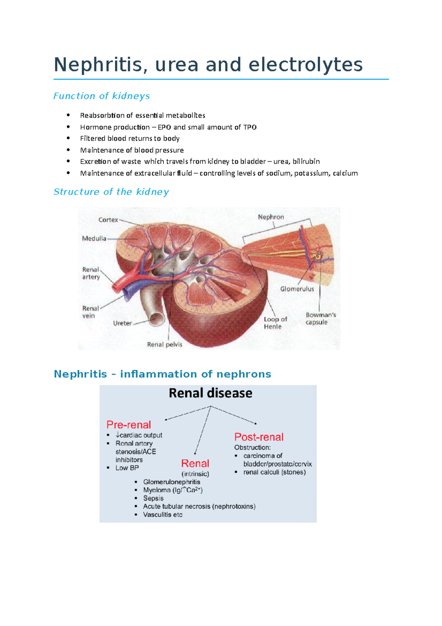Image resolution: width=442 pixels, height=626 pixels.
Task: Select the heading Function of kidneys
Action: click(x=101, y=96)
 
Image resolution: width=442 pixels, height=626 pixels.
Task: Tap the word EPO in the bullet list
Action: click(x=164, y=127)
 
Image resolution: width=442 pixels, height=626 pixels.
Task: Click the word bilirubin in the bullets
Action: click(x=306, y=161)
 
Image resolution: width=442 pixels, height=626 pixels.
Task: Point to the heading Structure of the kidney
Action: click(x=111, y=192)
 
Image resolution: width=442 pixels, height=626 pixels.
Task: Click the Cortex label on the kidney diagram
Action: click(x=108, y=220)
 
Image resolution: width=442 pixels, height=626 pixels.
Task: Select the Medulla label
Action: click(x=94, y=239)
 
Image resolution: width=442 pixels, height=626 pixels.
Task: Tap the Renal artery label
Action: click(x=91, y=273)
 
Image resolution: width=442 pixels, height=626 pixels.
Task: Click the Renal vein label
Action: click(x=90, y=312)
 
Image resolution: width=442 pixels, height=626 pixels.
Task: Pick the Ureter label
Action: click(x=122, y=323)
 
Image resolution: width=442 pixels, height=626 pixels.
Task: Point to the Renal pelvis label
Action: click(x=165, y=344)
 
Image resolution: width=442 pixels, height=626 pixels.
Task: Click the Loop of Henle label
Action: click(x=275, y=323)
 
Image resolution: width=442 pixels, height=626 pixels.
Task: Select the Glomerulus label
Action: click(x=297, y=289)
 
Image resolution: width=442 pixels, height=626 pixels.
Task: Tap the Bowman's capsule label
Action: click(x=320, y=319)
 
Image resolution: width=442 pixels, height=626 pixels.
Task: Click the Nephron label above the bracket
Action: click(x=271, y=217)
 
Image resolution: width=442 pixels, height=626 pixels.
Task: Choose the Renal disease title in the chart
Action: click(x=210, y=393)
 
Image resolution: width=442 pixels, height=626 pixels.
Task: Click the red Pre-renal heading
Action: click(x=129, y=425)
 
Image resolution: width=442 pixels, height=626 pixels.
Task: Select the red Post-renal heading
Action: click(x=259, y=437)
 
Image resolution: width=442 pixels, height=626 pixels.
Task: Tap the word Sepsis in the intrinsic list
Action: click(x=153, y=498)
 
